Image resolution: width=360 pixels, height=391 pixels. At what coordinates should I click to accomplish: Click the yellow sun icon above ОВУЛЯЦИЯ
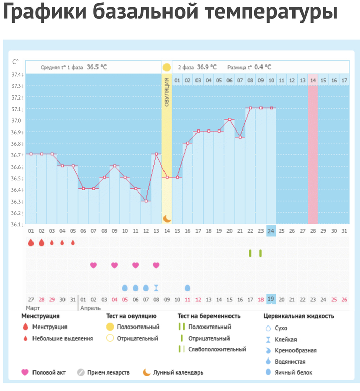167,67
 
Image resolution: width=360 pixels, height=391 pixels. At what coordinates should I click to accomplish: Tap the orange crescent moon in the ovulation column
167,218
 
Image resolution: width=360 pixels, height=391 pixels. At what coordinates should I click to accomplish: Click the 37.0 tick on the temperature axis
17,120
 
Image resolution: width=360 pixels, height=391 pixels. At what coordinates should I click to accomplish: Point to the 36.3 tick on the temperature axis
17,202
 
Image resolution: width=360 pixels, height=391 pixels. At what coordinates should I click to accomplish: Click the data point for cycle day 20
230,119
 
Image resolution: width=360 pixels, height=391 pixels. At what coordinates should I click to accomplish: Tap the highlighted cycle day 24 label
271,231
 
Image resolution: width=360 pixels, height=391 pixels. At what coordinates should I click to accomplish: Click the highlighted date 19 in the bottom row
271,299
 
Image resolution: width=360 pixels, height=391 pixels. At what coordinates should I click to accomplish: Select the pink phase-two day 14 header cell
313,80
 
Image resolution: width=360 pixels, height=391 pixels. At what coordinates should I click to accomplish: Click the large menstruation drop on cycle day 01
31,243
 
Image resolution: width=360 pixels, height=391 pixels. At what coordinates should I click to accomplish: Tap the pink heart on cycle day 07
93,265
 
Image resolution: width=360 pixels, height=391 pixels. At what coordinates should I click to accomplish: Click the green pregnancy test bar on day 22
250,253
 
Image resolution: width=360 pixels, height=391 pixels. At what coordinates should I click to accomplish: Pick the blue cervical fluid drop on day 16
187,288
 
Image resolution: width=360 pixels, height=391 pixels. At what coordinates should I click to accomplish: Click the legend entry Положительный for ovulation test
138,327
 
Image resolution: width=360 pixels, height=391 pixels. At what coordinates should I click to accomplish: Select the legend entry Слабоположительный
217,349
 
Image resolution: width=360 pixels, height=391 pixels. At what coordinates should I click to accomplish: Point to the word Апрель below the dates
90,308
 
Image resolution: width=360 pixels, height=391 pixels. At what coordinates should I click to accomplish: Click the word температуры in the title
263,13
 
